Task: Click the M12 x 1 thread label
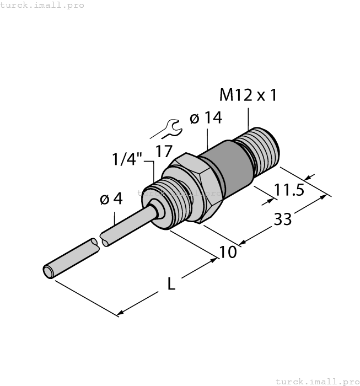(x=248, y=95)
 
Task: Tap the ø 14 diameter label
(x=205, y=118)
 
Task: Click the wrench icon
(x=168, y=128)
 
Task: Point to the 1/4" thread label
(x=127, y=160)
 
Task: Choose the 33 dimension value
(x=282, y=219)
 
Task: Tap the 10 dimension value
(x=228, y=252)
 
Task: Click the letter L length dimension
(x=171, y=285)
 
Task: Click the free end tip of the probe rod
(x=49, y=271)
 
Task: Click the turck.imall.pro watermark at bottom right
(x=317, y=381)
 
